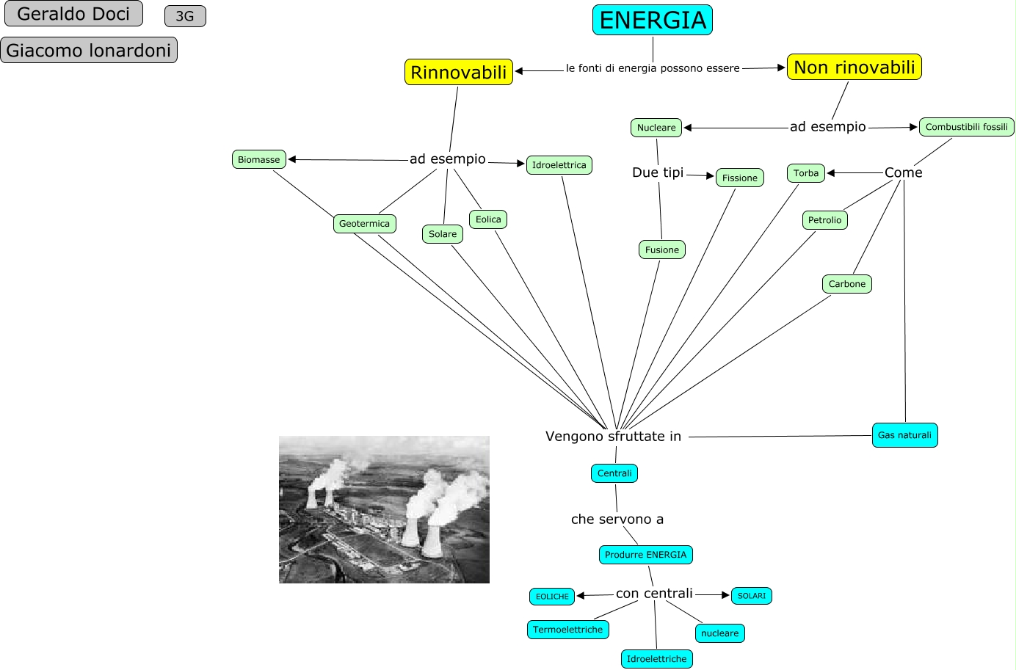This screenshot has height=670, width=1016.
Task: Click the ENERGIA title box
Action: (x=652, y=21)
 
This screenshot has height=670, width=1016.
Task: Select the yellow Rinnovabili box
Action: (x=458, y=73)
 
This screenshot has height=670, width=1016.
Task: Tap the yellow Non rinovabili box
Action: (x=854, y=68)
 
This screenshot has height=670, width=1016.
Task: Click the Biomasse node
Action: (x=258, y=159)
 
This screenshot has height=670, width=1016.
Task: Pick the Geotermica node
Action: (x=364, y=224)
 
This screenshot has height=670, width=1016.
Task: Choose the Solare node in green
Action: (x=443, y=234)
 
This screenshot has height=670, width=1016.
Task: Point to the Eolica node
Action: (x=488, y=219)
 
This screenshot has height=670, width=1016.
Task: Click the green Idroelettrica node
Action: (x=559, y=165)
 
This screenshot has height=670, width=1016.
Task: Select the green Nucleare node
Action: (x=656, y=128)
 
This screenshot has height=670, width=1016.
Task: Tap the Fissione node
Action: (x=739, y=178)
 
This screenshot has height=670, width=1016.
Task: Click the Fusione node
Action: (x=661, y=250)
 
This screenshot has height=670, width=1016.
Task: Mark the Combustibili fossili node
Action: (x=966, y=127)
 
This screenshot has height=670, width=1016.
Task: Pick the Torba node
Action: (x=805, y=173)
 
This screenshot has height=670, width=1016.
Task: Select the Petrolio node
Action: (x=824, y=220)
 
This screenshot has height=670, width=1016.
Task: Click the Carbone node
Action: (x=846, y=284)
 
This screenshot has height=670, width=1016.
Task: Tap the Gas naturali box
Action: (x=904, y=435)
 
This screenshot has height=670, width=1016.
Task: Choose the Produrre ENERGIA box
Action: (x=645, y=555)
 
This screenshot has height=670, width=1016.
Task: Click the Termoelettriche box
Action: (x=567, y=630)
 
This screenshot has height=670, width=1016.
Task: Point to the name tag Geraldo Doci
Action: (x=73, y=14)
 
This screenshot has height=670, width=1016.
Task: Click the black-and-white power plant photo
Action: (x=384, y=509)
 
